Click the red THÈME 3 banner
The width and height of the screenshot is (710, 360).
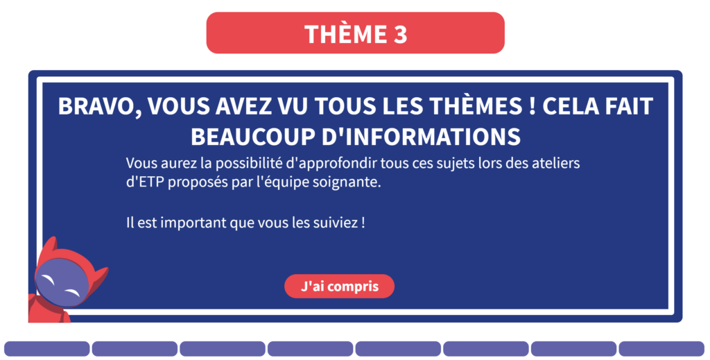click(x=356, y=33)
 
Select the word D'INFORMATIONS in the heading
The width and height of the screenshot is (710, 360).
click(x=421, y=137)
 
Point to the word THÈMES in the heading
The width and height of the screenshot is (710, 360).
click(x=476, y=106)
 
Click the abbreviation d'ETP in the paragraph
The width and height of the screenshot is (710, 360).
click(x=146, y=182)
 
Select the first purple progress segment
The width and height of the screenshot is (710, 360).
click(x=47, y=349)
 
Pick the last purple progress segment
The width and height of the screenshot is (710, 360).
click(x=661, y=349)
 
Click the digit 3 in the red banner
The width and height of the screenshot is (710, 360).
click(x=400, y=34)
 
